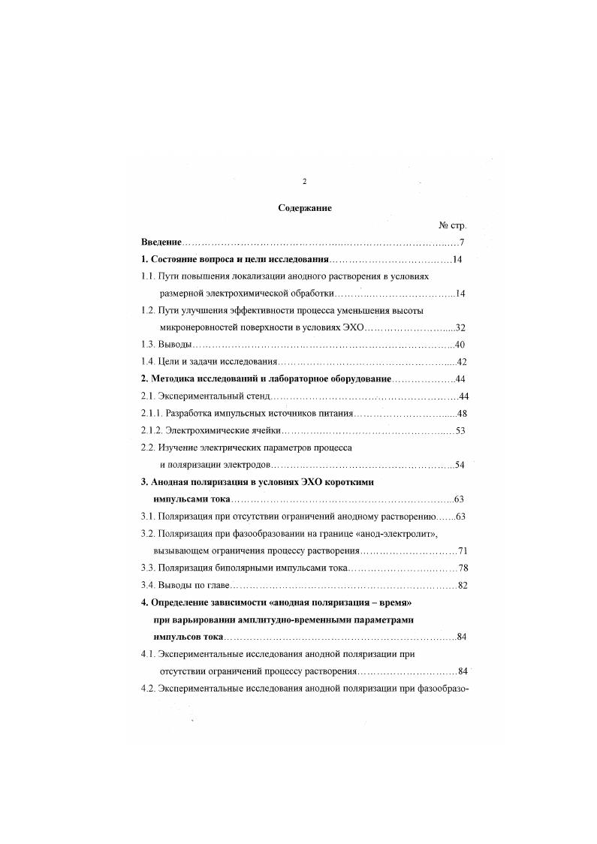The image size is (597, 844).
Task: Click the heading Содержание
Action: tap(305, 208)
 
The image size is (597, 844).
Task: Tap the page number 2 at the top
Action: tap(304, 181)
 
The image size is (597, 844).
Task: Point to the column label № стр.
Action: tap(452, 225)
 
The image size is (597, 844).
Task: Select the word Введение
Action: tap(161, 242)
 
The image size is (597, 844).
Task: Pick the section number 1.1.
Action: tap(149, 276)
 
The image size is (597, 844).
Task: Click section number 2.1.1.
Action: tap(152, 413)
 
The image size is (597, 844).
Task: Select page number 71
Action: tap(463, 550)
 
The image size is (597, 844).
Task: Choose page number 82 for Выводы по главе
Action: tap(463, 585)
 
